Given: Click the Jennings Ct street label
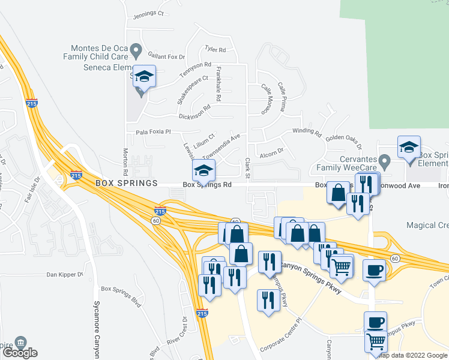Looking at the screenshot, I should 148,14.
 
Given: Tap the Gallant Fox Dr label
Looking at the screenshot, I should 166,56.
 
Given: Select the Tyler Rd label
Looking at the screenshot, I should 215,50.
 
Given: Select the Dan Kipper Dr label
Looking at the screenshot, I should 65,275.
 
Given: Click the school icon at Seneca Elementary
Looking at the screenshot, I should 144,77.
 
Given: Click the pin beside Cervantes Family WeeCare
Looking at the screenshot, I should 385,161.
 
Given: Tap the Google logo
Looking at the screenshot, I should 20,353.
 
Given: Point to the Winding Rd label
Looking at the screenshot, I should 307,131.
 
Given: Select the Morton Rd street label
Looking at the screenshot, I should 126,158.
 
